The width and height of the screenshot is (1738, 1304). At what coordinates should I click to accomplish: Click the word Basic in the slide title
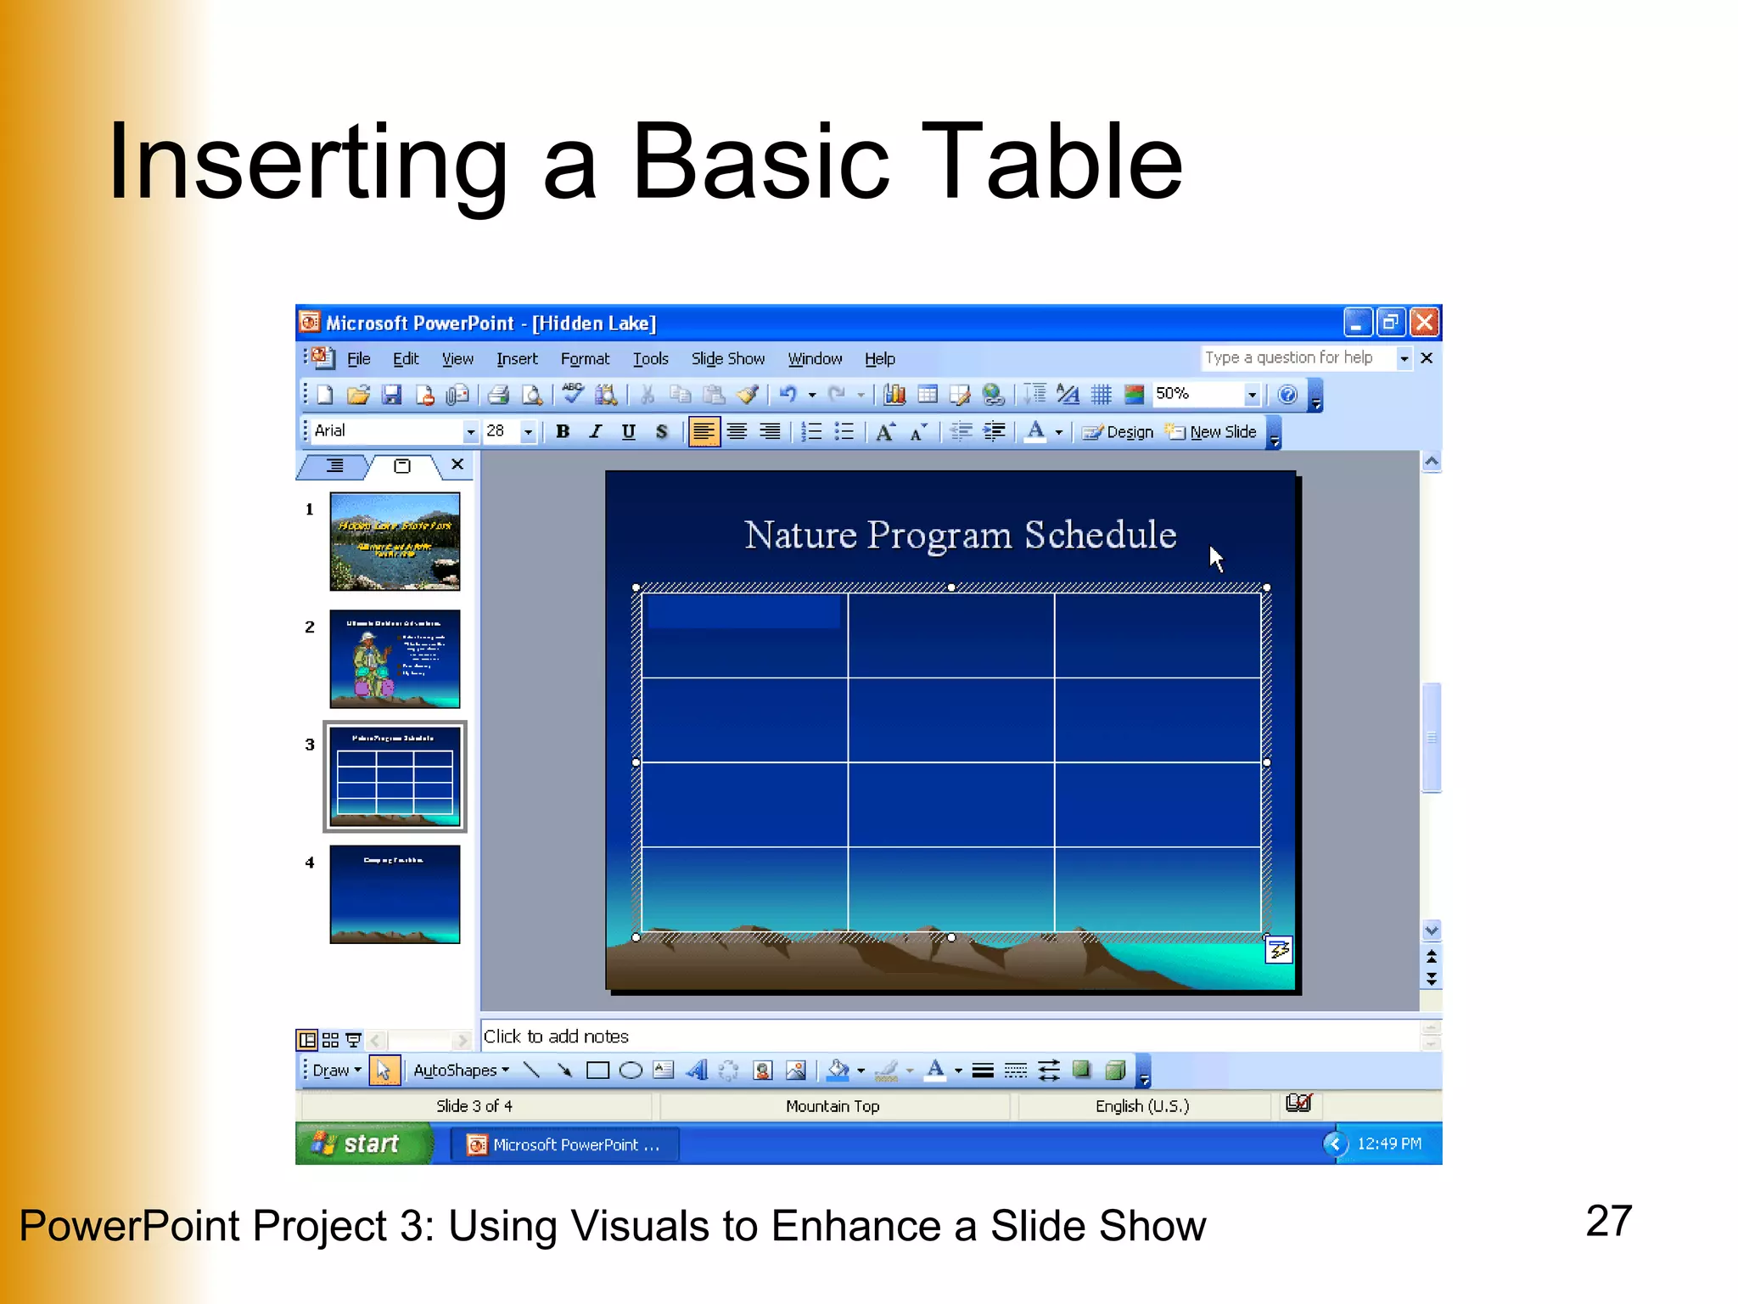[x=760, y=161]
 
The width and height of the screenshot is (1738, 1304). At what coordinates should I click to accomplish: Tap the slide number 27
[x=1608, y=1221]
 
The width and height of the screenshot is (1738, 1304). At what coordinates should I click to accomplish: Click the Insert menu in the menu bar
[x=517, y=359]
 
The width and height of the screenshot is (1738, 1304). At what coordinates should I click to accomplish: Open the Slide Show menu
[x=727, y=359]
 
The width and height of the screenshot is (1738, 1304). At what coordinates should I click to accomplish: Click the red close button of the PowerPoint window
[x=1424, y=323]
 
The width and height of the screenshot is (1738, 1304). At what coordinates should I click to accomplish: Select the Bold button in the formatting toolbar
[x=562, y=432]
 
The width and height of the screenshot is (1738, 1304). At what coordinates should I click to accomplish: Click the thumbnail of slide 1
[x=395, y=542]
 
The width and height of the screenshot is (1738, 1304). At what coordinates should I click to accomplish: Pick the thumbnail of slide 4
[x=395, y=894]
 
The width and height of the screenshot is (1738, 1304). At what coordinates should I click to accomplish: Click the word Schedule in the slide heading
[x=1100, y=535]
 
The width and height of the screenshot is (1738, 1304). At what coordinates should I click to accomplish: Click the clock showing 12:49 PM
[x=1388, y=1144]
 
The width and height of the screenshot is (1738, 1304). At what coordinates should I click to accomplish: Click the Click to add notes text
[x=556, y=1037]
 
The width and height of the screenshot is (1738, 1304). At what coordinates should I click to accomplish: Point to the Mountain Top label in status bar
[x=833, y=1106]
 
